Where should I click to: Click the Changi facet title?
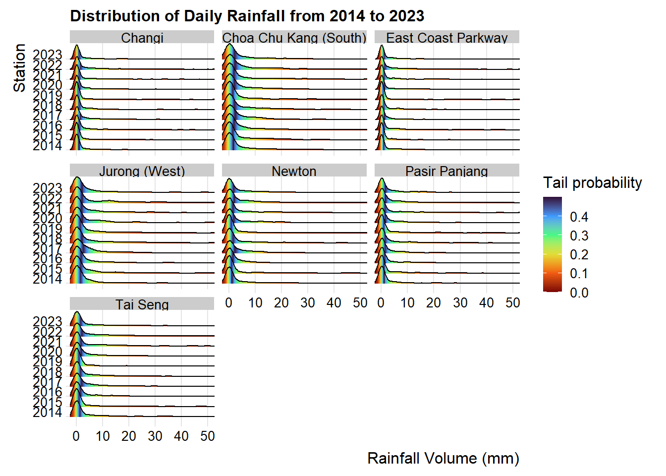[x=142, y=38]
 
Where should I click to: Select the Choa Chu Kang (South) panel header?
[x=294, y=38]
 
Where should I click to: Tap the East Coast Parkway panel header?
[x=447, y=38]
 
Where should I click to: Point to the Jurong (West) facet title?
[x=142, y=171]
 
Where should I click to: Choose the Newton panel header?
[x=294, y=171]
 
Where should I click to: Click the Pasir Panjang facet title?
[x=447, y=171]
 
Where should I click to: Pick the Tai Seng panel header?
[x=142, y=304]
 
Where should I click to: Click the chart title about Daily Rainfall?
[x=247, y=16]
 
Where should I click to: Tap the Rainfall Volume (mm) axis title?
[x=443, y=458]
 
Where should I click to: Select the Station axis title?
[x=19, y=68]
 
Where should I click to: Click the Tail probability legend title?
[x=592, y=182]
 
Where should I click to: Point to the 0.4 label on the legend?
[x=579, y=217]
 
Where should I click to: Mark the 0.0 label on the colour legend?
[x=579, y=293]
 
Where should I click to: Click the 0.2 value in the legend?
[x=579, y=254]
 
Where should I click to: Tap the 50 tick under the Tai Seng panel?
[x=208, y=436]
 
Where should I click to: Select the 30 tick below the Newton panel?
[x=308, y=303]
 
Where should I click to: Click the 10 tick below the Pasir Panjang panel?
[x=407, y=303]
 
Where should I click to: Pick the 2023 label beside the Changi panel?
[x=48, y=55]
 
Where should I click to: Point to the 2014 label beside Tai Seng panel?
[x=48, y=413]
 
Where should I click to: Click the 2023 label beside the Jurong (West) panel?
[x=48, y=188]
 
